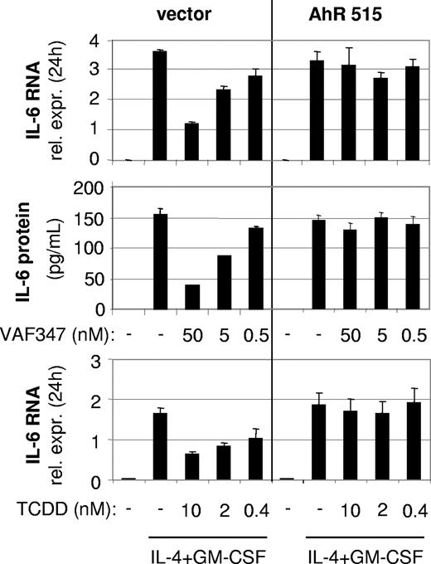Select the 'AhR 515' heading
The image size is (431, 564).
point(352,13)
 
